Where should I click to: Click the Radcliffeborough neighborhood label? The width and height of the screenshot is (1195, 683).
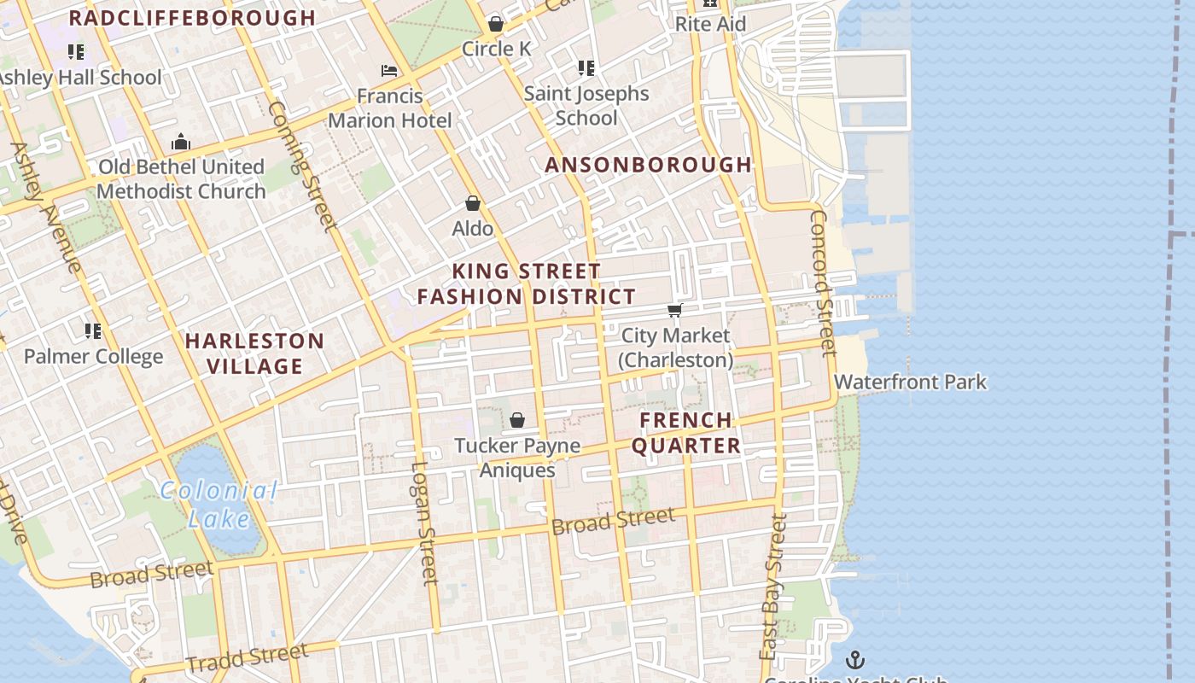[x=192, y=18]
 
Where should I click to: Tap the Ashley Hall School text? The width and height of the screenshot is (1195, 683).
[x=79, y=77]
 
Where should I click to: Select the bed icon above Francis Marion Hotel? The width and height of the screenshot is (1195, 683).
[x=389, y=71]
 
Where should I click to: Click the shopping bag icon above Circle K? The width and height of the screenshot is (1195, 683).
[x=495, y=23]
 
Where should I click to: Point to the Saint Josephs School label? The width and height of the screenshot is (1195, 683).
[x=586, y=105]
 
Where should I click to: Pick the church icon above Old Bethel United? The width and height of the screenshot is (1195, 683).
[x=181, y=142]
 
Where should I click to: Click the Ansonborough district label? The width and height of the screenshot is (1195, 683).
[x=648, y=165]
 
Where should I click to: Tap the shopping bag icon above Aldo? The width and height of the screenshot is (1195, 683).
[x=473, y=203]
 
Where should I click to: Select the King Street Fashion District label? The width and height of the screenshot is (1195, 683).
[x=527, y=284]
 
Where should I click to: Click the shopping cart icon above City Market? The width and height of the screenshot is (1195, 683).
[x=675, y=310]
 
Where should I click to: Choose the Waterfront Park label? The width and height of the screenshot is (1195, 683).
[x=910, y=382]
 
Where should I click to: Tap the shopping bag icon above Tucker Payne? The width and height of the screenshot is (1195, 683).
[x=516, y=420]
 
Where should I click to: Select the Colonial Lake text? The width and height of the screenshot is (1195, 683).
[x=219, y=504]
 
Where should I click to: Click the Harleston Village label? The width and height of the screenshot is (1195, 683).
[x=254, y=353]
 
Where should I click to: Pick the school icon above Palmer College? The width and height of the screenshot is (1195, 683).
[x=93, y=331]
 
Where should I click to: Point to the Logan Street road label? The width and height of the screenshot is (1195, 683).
[x=424, y=522]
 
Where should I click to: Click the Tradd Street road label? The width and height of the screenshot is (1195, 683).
[x=247, y=657]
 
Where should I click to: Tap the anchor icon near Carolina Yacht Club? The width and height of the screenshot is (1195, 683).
[x=854, y=659]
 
